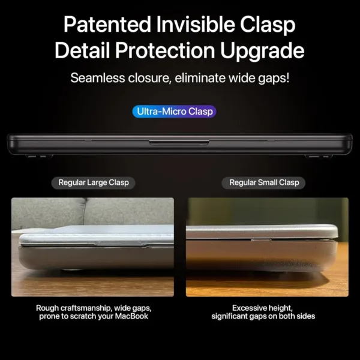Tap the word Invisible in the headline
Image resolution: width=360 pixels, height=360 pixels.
coord(190,25)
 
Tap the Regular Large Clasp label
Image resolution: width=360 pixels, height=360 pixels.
coord(93,182)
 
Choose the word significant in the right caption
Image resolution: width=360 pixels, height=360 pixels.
coord(234,316)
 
